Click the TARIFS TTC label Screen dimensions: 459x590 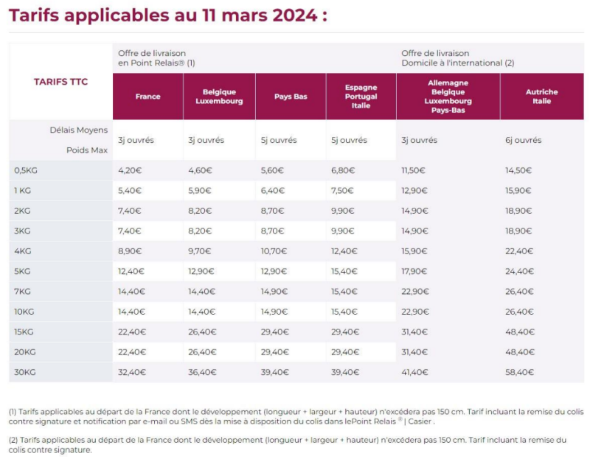coord(60,82)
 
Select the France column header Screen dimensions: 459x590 coord(147,97)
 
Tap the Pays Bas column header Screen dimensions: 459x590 coord(291,97)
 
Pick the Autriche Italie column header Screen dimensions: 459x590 coord(541,97)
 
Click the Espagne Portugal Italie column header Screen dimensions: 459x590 coord(361,97)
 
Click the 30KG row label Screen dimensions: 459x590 coord(25,372)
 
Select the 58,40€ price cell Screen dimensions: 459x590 coord(519,372)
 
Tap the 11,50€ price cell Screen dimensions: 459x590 coord(414,170)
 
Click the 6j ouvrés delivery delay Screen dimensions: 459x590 coord(523,140)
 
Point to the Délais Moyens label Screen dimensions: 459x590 coord(83,130)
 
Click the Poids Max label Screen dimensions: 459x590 coord(90,150)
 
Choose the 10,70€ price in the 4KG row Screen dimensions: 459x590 coord(274,251)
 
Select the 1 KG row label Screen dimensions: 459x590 coord(24,190)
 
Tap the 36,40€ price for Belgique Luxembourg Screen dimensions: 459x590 coord(202,372)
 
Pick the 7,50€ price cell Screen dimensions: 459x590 coord(342,190)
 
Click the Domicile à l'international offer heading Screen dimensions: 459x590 coord(457,63)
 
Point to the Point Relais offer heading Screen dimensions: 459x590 coord(156,63)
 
